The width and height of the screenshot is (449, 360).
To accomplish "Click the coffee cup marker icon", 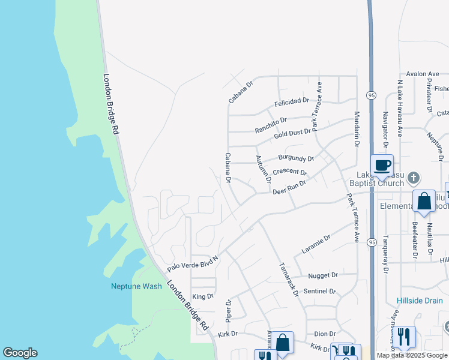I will tap(382, 164).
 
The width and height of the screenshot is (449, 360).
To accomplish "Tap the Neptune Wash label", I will tap(136, 286).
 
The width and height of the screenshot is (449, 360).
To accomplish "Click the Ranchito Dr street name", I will tap(271, 125).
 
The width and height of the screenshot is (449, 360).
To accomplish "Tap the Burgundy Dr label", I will tap(295, 159).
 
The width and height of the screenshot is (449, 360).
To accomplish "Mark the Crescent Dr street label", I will tap(289, 172).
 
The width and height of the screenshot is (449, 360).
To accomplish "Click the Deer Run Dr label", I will tap(289, 187).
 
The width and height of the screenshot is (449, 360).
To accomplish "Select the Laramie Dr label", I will tap(316, 243).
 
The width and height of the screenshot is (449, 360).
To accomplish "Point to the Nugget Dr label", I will tap(323, 275).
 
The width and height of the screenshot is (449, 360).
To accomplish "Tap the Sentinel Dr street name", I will tap(320, 291).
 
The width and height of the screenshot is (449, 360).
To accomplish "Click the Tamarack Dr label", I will tap(288, 278).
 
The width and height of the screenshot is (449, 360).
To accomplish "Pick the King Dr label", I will tap(202, 296).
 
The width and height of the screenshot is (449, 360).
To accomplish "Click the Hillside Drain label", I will tap(420, 301).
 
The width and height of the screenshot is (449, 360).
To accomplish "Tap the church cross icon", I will tap(413, 178).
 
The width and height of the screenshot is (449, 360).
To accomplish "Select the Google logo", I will tap(20, 353).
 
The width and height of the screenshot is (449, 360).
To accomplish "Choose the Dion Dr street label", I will tap(324, 334).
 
